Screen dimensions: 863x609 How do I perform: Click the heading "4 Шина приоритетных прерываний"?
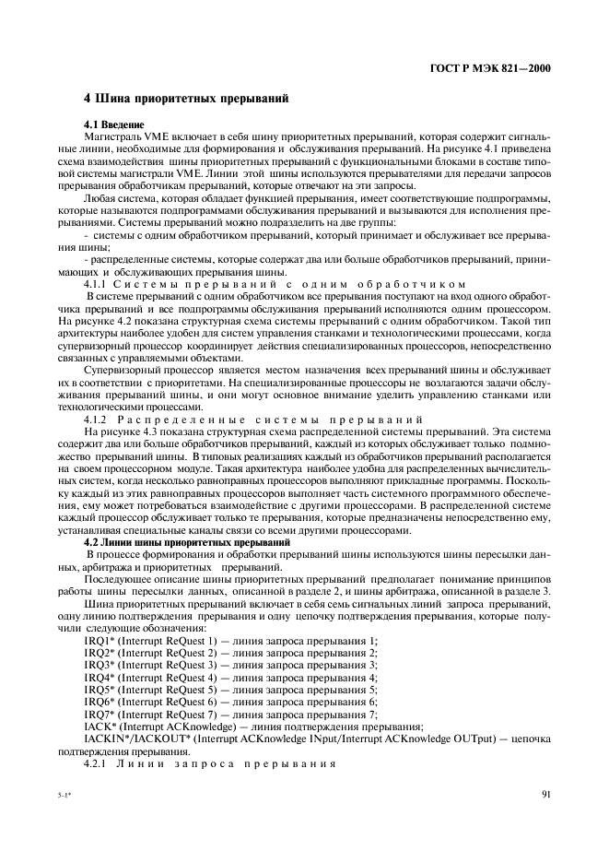tap(186, 98)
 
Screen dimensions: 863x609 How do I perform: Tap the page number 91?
tap(545, 790)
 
